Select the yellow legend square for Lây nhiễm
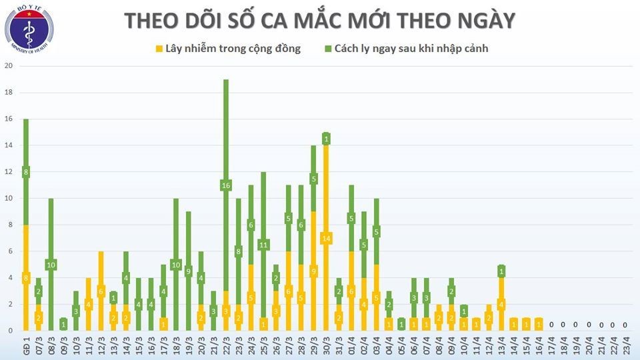point(159,49)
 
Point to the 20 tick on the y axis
point(9,66)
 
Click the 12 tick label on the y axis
point(9,172)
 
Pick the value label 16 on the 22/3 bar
point(226,185)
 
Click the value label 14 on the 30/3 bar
point(326,239)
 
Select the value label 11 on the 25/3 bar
point(263,245)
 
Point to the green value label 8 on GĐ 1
point(26,172)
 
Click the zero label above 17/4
point(551,325)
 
